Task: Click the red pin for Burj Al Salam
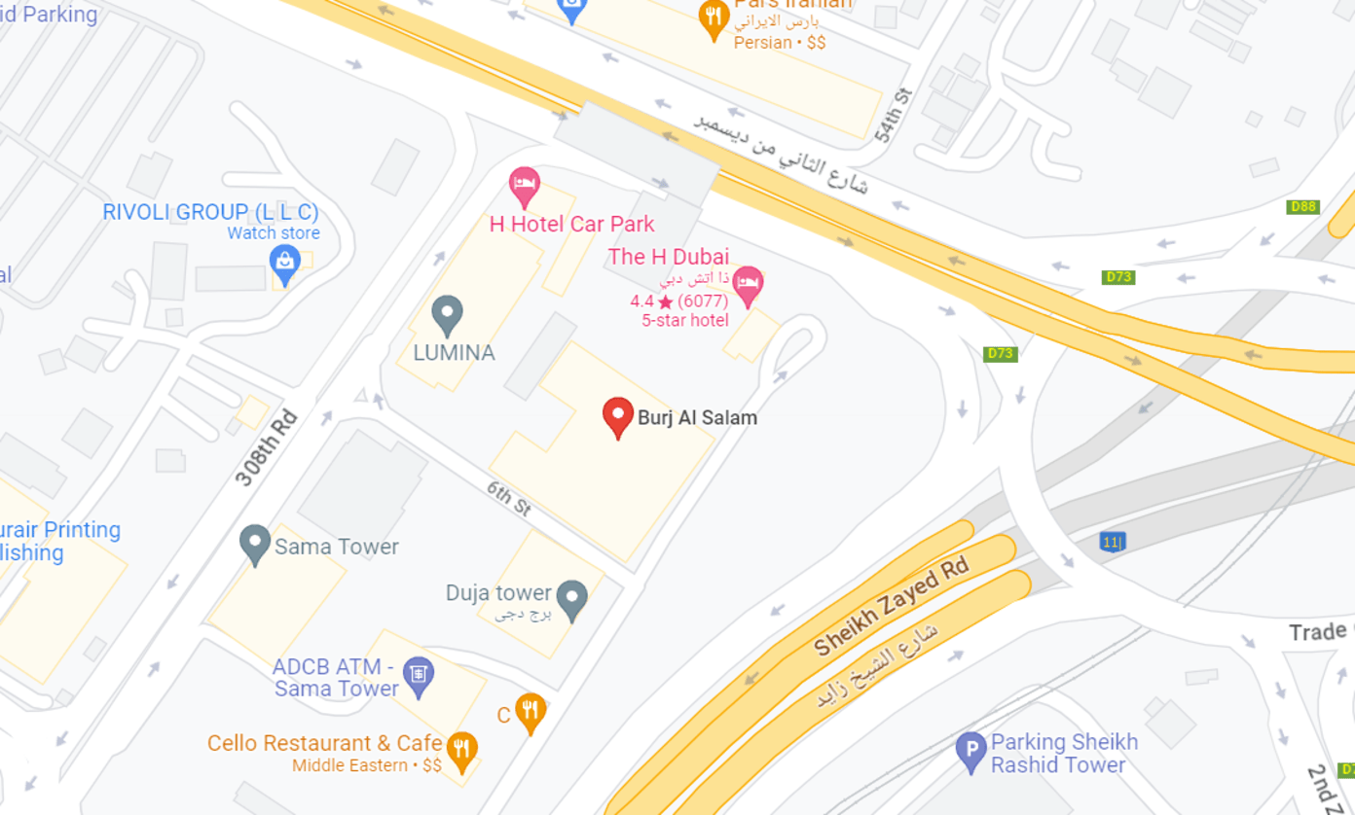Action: pyautogui.click(x=617, y=416)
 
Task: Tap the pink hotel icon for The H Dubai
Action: pyautogui.click(x=748, y=285)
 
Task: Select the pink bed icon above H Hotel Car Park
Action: pyautogui.click(x=525, y=185)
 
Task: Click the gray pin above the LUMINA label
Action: pyautogui.click(x=447, y=314)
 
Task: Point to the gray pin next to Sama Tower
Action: pyautogui.click(x=255, y=544)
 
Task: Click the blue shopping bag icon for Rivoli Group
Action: pyautogui.click(x=284, y=261)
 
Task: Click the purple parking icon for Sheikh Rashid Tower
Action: pyautogui.click(x=970, y=751)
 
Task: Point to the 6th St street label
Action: pyautogui.click(x=508, y=497)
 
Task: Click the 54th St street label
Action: pyautogui.click(x=896, y=115)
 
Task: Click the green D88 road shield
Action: pyautogui.click(x=1302, y=207)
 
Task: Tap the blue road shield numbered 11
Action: pyautogui.click(x=1113, y=542)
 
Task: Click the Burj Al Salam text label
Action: pyautogui.click(x=697, y=417)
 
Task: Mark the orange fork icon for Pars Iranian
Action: pyautogui.click(x=714, y=18)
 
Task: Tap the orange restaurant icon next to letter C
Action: pyautogui.click(x=531, y=713)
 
